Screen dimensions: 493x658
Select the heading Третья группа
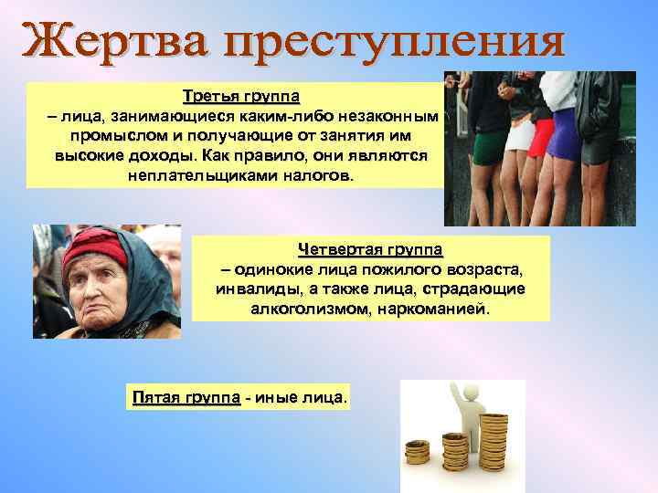240,96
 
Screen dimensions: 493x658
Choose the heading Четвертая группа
370,249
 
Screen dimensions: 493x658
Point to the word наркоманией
439,309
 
